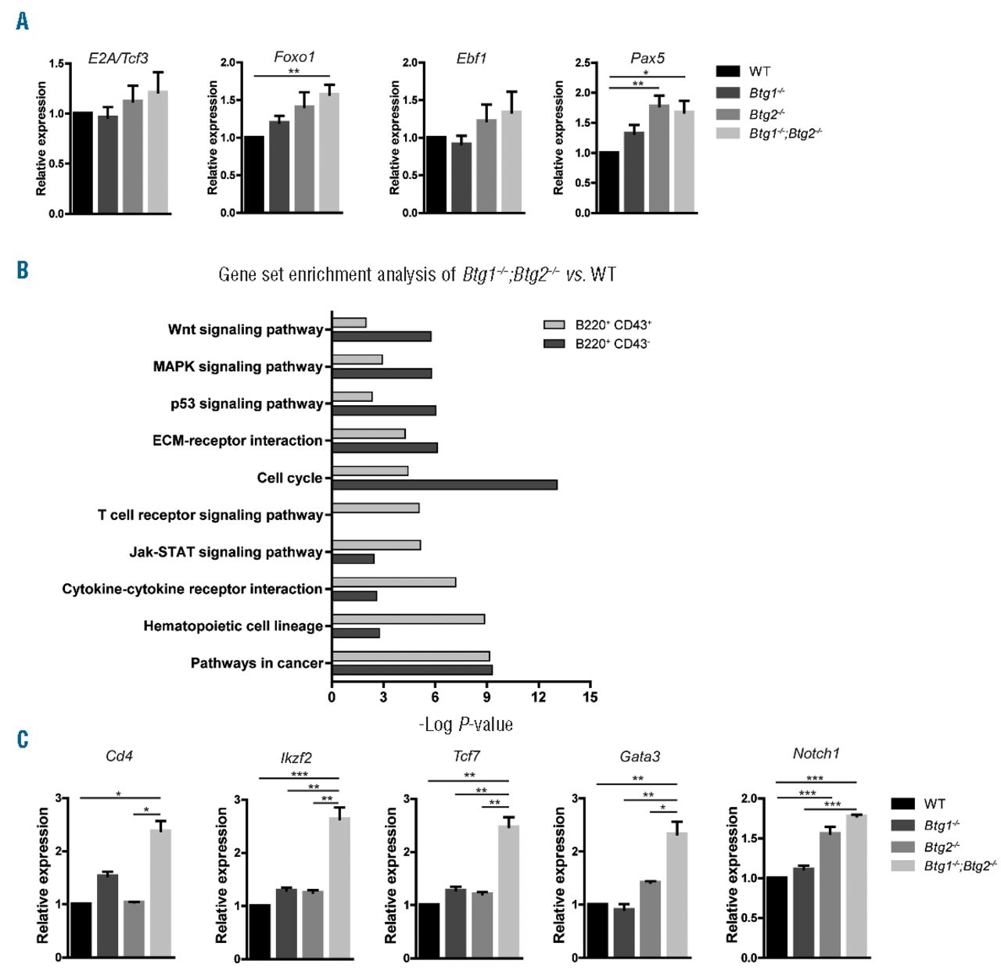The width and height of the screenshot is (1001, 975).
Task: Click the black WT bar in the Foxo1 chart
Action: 253,174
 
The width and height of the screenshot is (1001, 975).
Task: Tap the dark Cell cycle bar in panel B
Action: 444,485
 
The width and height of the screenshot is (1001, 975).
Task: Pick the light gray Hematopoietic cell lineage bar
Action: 408,618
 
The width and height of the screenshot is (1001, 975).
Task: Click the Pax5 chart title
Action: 647,59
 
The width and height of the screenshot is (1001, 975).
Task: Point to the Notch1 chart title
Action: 816,754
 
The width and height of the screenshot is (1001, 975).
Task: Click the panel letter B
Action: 23,271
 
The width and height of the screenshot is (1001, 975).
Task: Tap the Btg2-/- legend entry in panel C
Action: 942,847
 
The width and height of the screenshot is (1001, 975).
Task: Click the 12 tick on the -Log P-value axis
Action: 539,697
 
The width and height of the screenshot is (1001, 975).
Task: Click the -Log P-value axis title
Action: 465,725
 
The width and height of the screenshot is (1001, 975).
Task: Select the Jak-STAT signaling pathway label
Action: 226,552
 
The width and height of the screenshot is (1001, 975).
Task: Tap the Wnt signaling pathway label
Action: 245,329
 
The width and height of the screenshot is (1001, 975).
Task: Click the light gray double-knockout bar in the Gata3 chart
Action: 676,894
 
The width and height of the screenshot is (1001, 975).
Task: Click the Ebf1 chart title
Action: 472,59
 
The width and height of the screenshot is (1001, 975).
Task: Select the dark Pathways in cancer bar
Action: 412,670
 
